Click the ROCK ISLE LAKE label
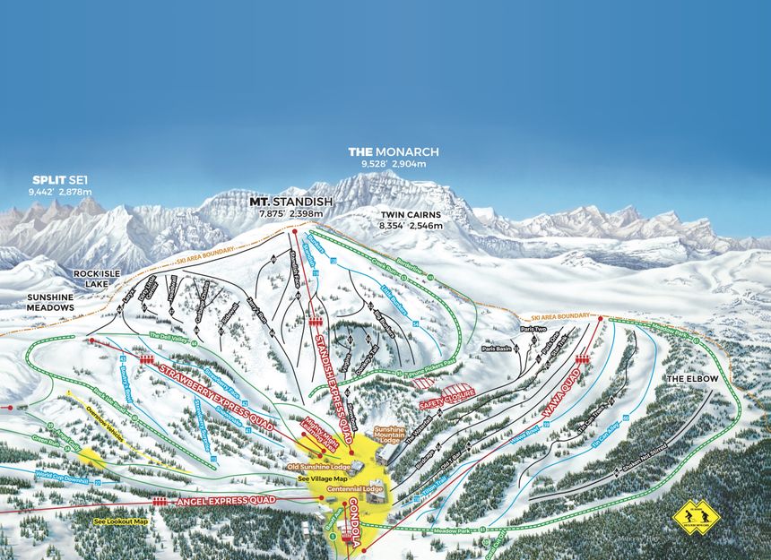point(91,278)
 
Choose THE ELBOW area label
point(687,380)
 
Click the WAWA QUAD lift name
point(557,401)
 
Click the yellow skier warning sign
point(696,517)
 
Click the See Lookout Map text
point(121,521)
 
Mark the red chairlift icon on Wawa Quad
point(581,359)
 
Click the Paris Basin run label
point(496,348)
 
